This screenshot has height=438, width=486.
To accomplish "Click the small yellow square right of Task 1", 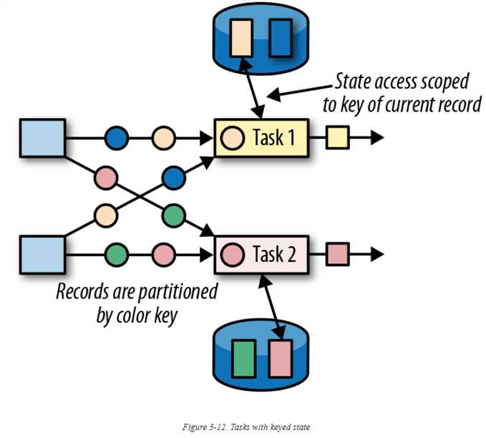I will click(336, 137).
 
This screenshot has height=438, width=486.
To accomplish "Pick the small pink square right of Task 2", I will click(336, 253).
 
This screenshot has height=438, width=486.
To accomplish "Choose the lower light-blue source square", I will click(42, 253).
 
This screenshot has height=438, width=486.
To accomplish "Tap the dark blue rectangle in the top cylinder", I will click(280, 39).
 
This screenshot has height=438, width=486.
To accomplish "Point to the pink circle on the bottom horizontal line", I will click(164, 253).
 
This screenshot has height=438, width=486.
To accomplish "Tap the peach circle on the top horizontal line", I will click(164, 137).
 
